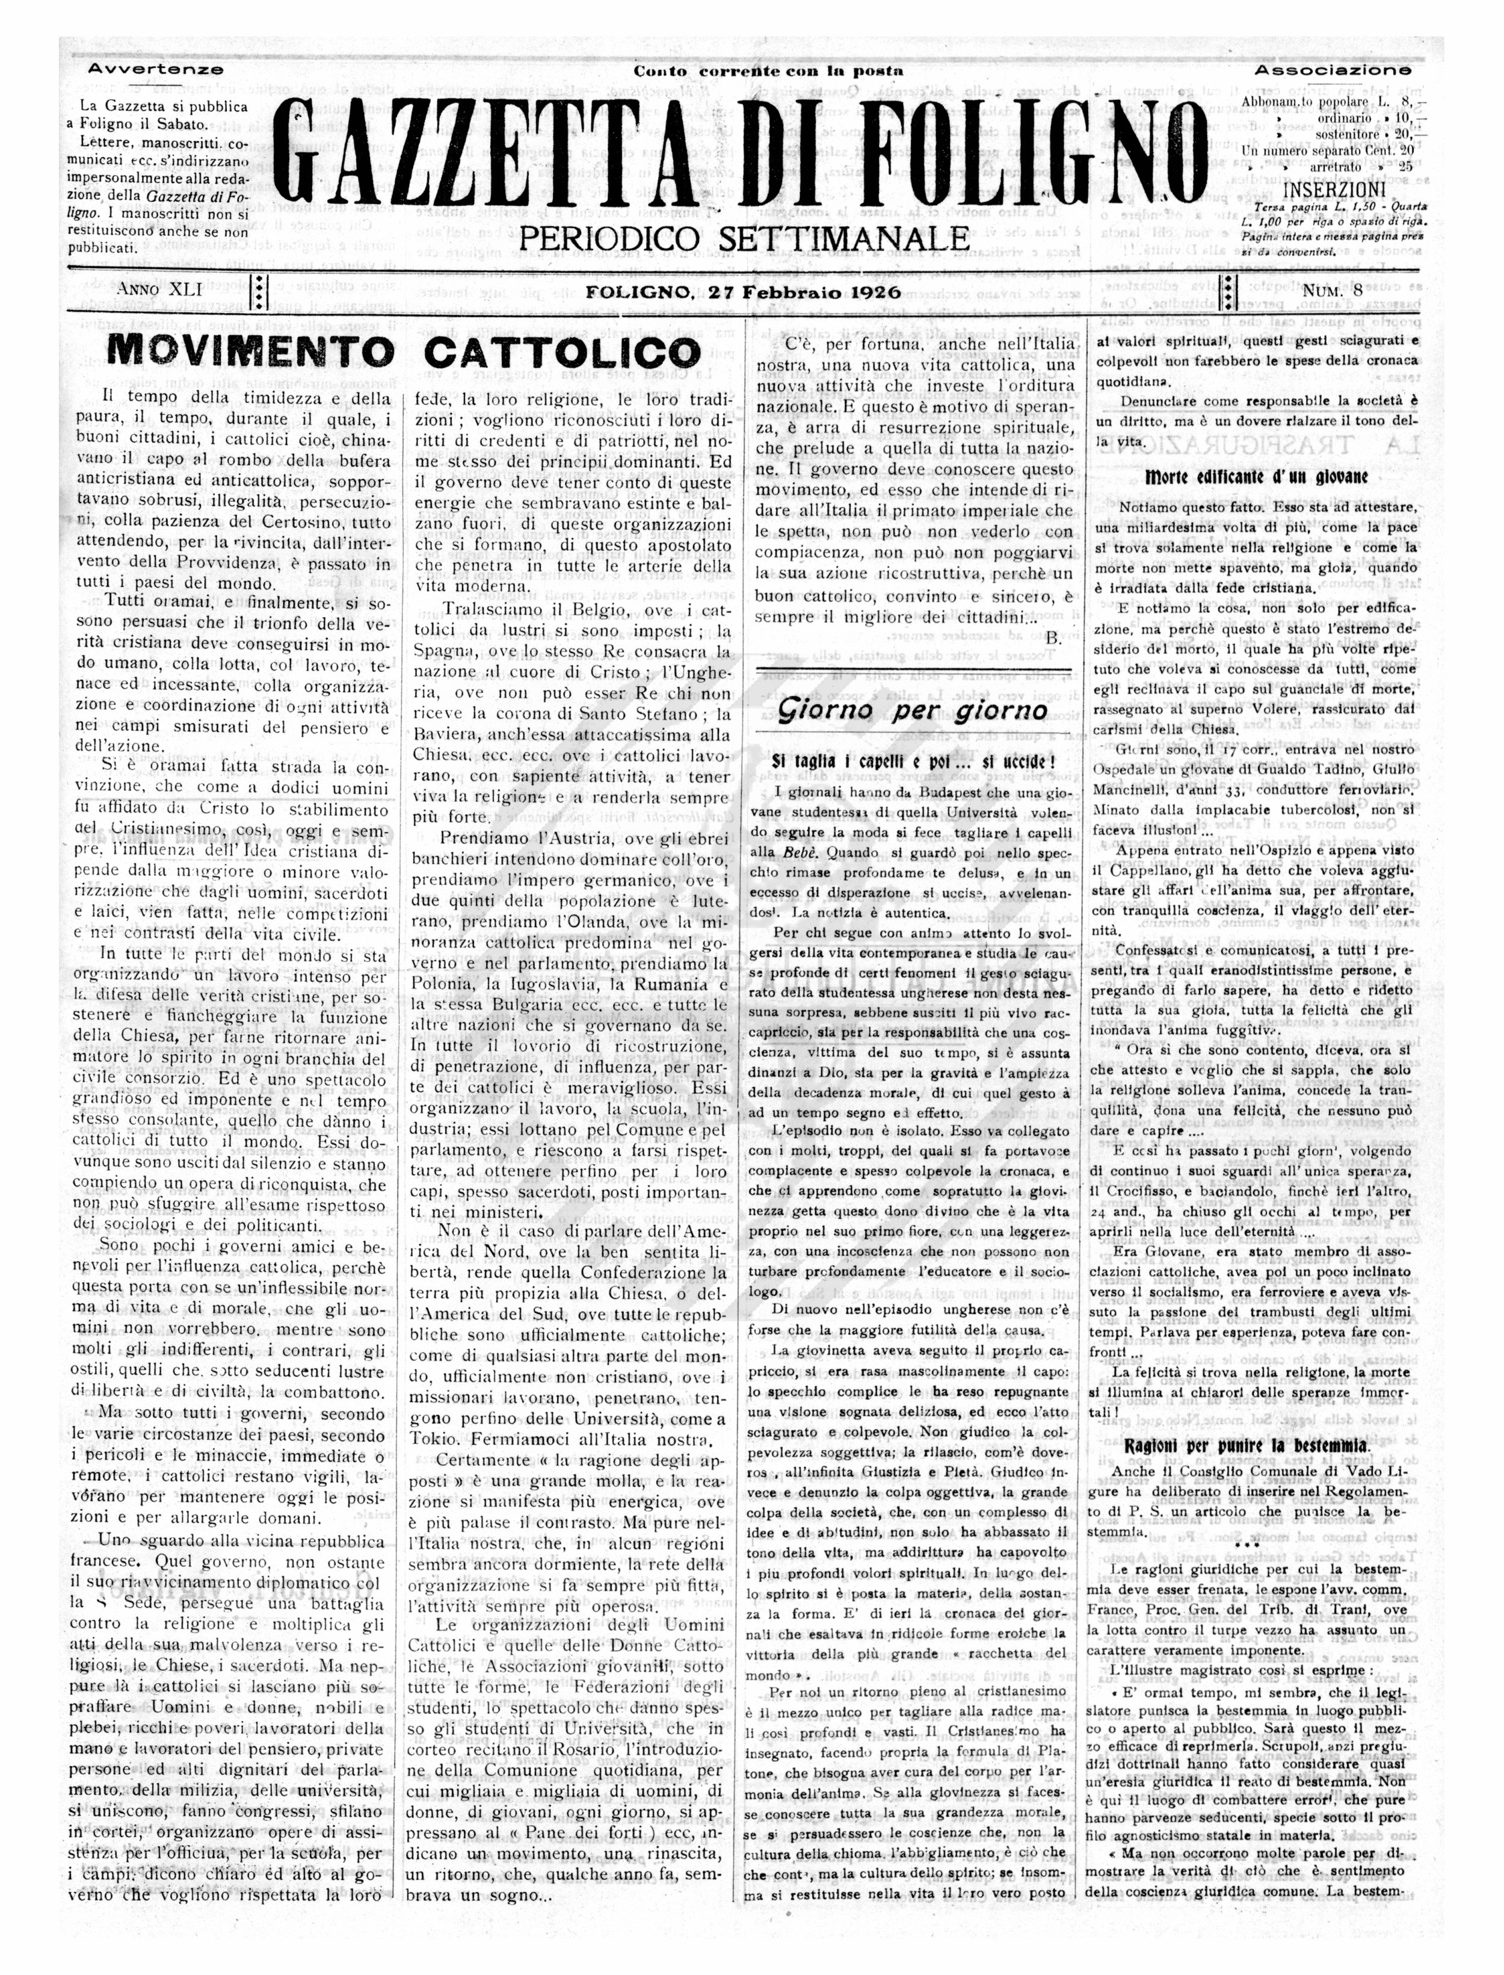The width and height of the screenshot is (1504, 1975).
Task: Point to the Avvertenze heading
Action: point(156,69)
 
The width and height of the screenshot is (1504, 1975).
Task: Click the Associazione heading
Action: point(1332,70)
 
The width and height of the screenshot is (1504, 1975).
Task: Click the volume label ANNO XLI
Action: point(159,290)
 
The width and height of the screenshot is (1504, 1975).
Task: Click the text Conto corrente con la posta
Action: point(768,71)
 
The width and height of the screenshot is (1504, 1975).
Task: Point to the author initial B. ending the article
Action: point(1053,637)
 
